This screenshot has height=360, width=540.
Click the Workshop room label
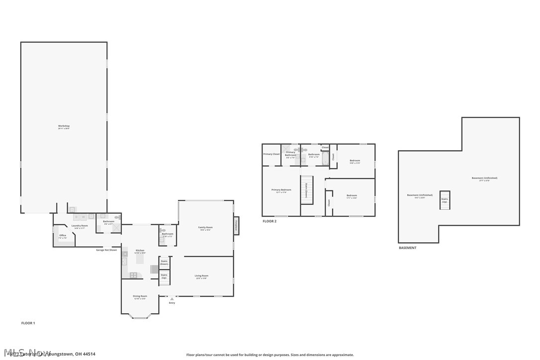(x=64, y=126)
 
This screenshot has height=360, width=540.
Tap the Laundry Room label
(x=80, y=226)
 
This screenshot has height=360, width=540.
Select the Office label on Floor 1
(x=63, y=236)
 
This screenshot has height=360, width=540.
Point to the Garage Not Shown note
(x=106, y=250)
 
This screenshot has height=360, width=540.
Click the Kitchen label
(x=140, y=250)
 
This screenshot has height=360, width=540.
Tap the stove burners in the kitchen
(x=133, y=275)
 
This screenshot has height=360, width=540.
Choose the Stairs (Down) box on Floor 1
(x=164, y=262)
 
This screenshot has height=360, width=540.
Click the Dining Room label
(x=140, y=296)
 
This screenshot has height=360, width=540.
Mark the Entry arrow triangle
(x=172, y=299)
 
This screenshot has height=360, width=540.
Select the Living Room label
(x=201, y=276)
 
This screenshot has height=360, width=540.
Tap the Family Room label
(x=205, y=228)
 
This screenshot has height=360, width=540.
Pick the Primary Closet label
(x=271, y=154)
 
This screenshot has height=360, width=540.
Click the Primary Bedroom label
(x=281, y=190)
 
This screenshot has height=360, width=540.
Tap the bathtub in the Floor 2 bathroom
(x=325, y=159)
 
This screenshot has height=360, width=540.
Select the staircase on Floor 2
(x=307, y=189)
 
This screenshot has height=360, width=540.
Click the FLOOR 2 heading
(x=270, y=221)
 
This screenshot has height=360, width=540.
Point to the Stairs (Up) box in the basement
(x=445, y=200)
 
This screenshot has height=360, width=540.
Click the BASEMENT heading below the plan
(x=408, y=248)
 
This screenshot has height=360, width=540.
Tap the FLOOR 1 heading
(x=28, y=323)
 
